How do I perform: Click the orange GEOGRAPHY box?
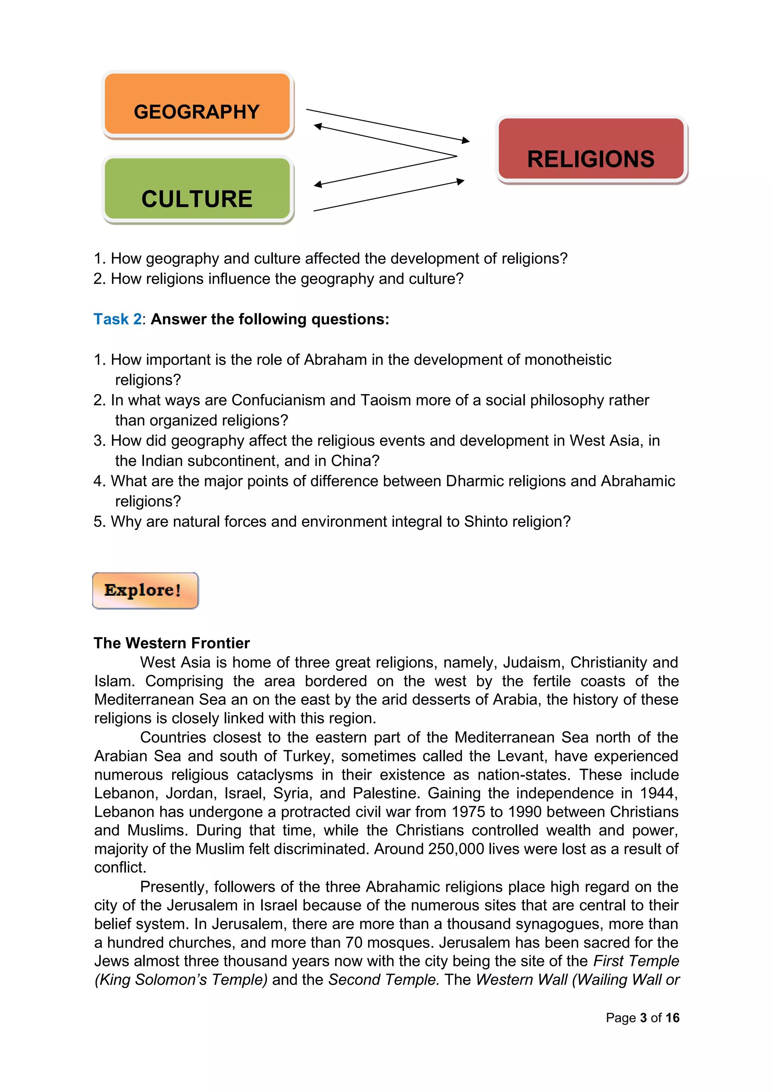pyautogui.click(x=197, y=104)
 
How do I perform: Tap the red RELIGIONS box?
pyautogui.click(x=591, y=150)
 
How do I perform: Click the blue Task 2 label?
pyautogui.click(x=117, y=319)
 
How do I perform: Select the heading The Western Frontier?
pyautogui.click(x=172, y=643)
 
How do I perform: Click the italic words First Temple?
pyautogui.click(x=636, y=961)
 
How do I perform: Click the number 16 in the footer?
pyautogui.click(x=672, y=1018)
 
